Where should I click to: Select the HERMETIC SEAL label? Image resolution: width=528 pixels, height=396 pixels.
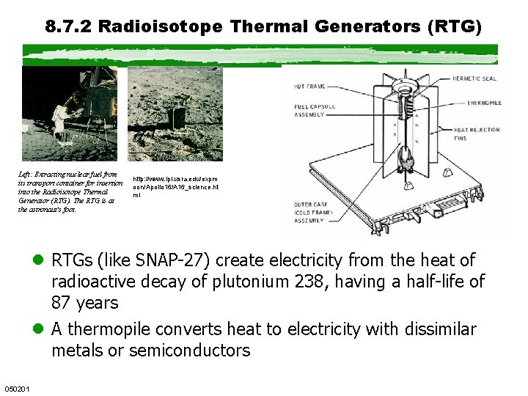point(476,78)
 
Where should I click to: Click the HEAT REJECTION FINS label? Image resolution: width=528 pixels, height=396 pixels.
point(477,133)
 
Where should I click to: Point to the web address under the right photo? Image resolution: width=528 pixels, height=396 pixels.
point(175,187)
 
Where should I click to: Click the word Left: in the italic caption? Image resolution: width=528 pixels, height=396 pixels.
point(26,175)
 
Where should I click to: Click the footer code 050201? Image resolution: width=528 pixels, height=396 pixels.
point(17,387)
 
